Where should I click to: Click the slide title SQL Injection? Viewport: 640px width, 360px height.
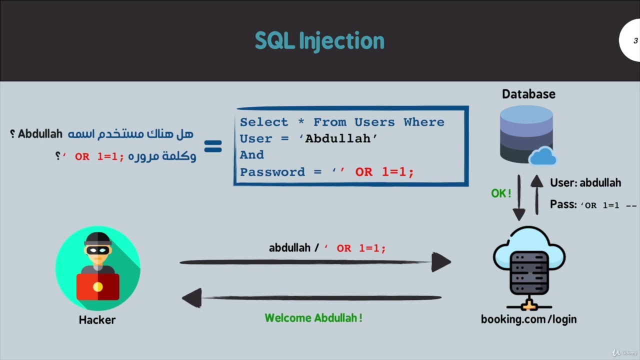pyautogui.click(x=319, y=41)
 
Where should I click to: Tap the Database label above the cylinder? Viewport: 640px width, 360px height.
pyautogui.click(x=528, y=94)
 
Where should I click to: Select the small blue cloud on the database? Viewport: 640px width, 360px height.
pyautogui.click(x=542, y=156)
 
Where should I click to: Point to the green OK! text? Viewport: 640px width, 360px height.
pyautogui.click(x=501, y=193)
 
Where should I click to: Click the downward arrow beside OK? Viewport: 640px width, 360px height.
pyautogui.click(x=519, y=197)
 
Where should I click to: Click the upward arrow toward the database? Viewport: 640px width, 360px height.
pyautogui.click(x=536, y=195)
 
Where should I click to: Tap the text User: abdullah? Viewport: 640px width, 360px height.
pyautogui.click(x=585, y=183)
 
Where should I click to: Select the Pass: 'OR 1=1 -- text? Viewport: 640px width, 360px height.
pyautogui.click(x=593, y=205)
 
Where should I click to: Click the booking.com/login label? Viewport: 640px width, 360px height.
pyautogui.click(x=528, y=319)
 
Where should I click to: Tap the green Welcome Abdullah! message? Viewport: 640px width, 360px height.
pyautogui.click(x=313, y=318)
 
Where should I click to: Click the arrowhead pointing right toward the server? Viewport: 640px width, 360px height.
pyautogui.click(x=440, y=262)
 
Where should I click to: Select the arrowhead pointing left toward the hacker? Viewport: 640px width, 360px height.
pyautogui.click(x=192, y=298)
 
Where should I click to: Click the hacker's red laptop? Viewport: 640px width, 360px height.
pyautogui.click(x=97, y=286)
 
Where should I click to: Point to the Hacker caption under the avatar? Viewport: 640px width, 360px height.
pyautogui.click(x=97, y=320)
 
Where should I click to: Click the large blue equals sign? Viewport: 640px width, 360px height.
pyautogui.click(x=213, y=146)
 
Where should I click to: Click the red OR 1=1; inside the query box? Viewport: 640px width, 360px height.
pyautogui.click(x=384, y=172)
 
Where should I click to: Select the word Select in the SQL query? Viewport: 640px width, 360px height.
pyautogui.click(x=264, y=122)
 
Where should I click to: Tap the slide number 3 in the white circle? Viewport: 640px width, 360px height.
pyautogui.click(x=635, y=41)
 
